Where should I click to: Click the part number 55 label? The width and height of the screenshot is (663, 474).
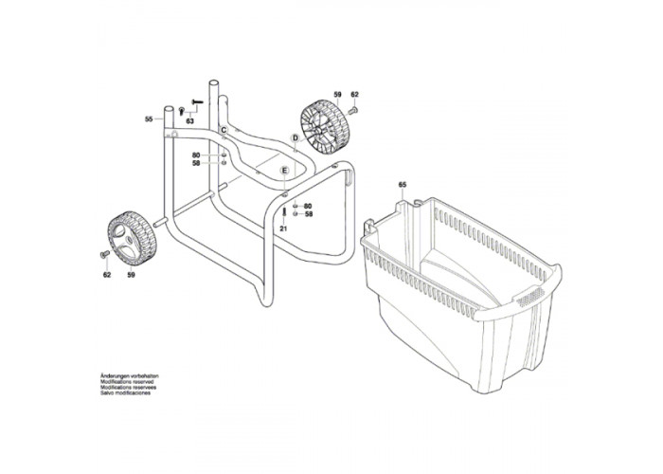149,118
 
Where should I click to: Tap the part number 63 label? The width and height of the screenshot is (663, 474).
190,122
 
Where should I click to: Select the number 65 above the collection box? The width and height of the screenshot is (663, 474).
403,184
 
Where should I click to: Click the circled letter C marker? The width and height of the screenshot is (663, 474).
224,128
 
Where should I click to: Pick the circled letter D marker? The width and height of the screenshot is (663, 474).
295,137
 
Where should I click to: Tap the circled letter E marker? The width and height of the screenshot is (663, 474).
283,172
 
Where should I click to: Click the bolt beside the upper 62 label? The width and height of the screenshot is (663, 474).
352,112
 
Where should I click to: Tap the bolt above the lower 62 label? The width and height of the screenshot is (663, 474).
104,256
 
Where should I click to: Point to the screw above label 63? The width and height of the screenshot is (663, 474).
198,103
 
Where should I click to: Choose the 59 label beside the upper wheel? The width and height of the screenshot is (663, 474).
336,95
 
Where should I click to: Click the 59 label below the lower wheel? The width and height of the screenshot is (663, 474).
131,274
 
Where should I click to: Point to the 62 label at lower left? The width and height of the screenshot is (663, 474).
106,274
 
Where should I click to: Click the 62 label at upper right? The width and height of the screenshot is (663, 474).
355,95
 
